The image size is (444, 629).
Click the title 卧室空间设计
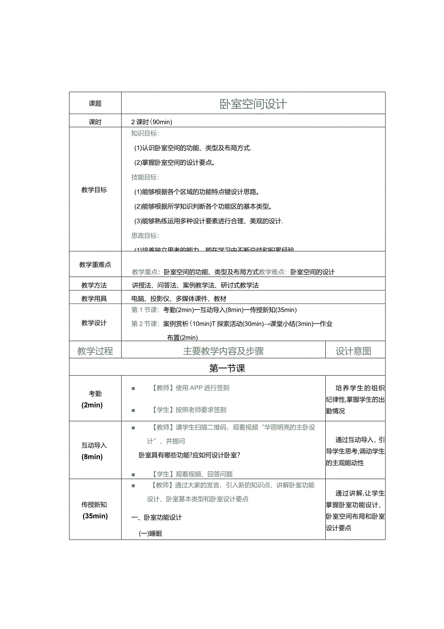[x=253, y=104]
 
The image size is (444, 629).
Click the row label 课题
[x=95, y=104]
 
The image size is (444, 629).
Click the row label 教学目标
[x=94, y=190]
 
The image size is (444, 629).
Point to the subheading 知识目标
[x=145, y=133]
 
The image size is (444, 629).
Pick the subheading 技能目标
[x=145, y=177]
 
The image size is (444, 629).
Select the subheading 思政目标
[x=145, y=236]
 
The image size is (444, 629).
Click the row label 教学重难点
[x=95, y=264]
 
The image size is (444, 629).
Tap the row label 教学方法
[x=94, y=285]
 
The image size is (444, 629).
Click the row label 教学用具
[x=94, y=299]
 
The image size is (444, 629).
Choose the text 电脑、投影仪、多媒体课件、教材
[x=179, y=299]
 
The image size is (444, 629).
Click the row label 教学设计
[x=94, y=323]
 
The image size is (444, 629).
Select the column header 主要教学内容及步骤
[x=223, y=351]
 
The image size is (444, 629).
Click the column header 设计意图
[x=354, y=351]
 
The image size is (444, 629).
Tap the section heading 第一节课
[x=227, y=369]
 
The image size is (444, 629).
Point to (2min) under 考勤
[x=92, y=405]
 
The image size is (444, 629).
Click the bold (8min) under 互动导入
[x=92, y=457]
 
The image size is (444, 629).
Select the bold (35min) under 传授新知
[x=95, y=516]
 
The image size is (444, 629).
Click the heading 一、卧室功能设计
[x=157, y=518]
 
